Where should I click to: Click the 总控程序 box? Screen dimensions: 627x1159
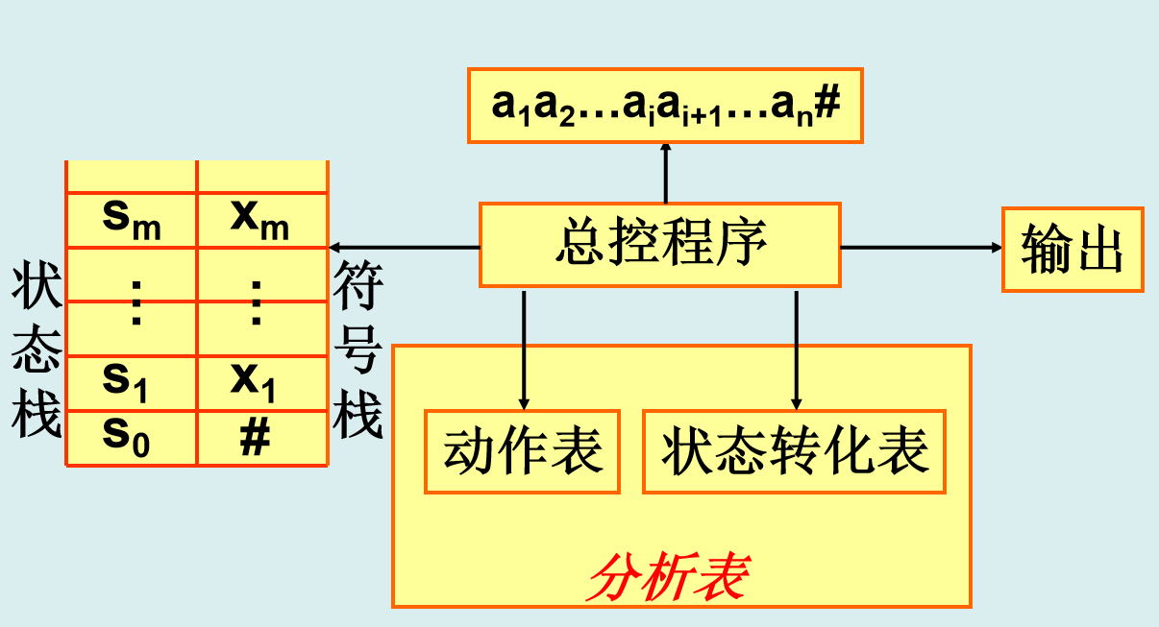click(660, 245)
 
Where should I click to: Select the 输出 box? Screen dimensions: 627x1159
click(1073, 249)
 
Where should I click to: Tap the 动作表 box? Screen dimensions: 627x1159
click(522, 451)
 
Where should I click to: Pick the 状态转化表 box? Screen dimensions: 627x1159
click(794, 451)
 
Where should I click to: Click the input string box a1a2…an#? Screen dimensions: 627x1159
click(665, 106)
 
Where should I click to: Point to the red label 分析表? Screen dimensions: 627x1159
click(669, 577)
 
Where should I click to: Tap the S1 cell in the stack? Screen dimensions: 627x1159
click(132, 382)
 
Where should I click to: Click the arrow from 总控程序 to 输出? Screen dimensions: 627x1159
click(921, 247)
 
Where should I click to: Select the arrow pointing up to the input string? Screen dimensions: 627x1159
click(665, 173)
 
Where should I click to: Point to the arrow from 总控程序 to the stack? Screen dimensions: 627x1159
click(404, 247)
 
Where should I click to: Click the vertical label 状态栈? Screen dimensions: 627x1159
click(37, 355)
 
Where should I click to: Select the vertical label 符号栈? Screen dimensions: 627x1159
click(358, 355)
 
